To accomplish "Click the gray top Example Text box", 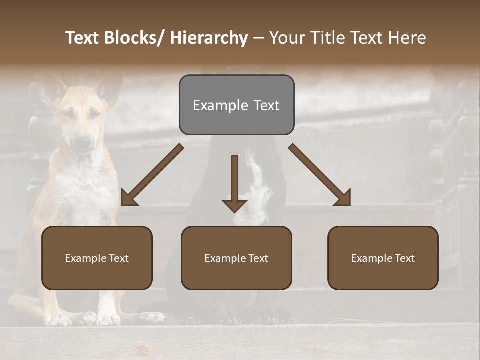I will click(236, 105).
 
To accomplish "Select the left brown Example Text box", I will click(97, 258).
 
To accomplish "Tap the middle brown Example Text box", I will click(236, 258).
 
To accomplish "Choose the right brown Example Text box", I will click(383, 258).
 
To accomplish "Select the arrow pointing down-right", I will click(320, 175).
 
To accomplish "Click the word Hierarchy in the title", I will click(209, 38).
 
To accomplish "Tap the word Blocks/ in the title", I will click(135, 38).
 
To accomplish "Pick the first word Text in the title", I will click(83, 38).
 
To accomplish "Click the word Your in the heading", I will click(285, 38).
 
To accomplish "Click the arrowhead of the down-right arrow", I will click(343, 198).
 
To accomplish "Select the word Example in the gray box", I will click(214, 105).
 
